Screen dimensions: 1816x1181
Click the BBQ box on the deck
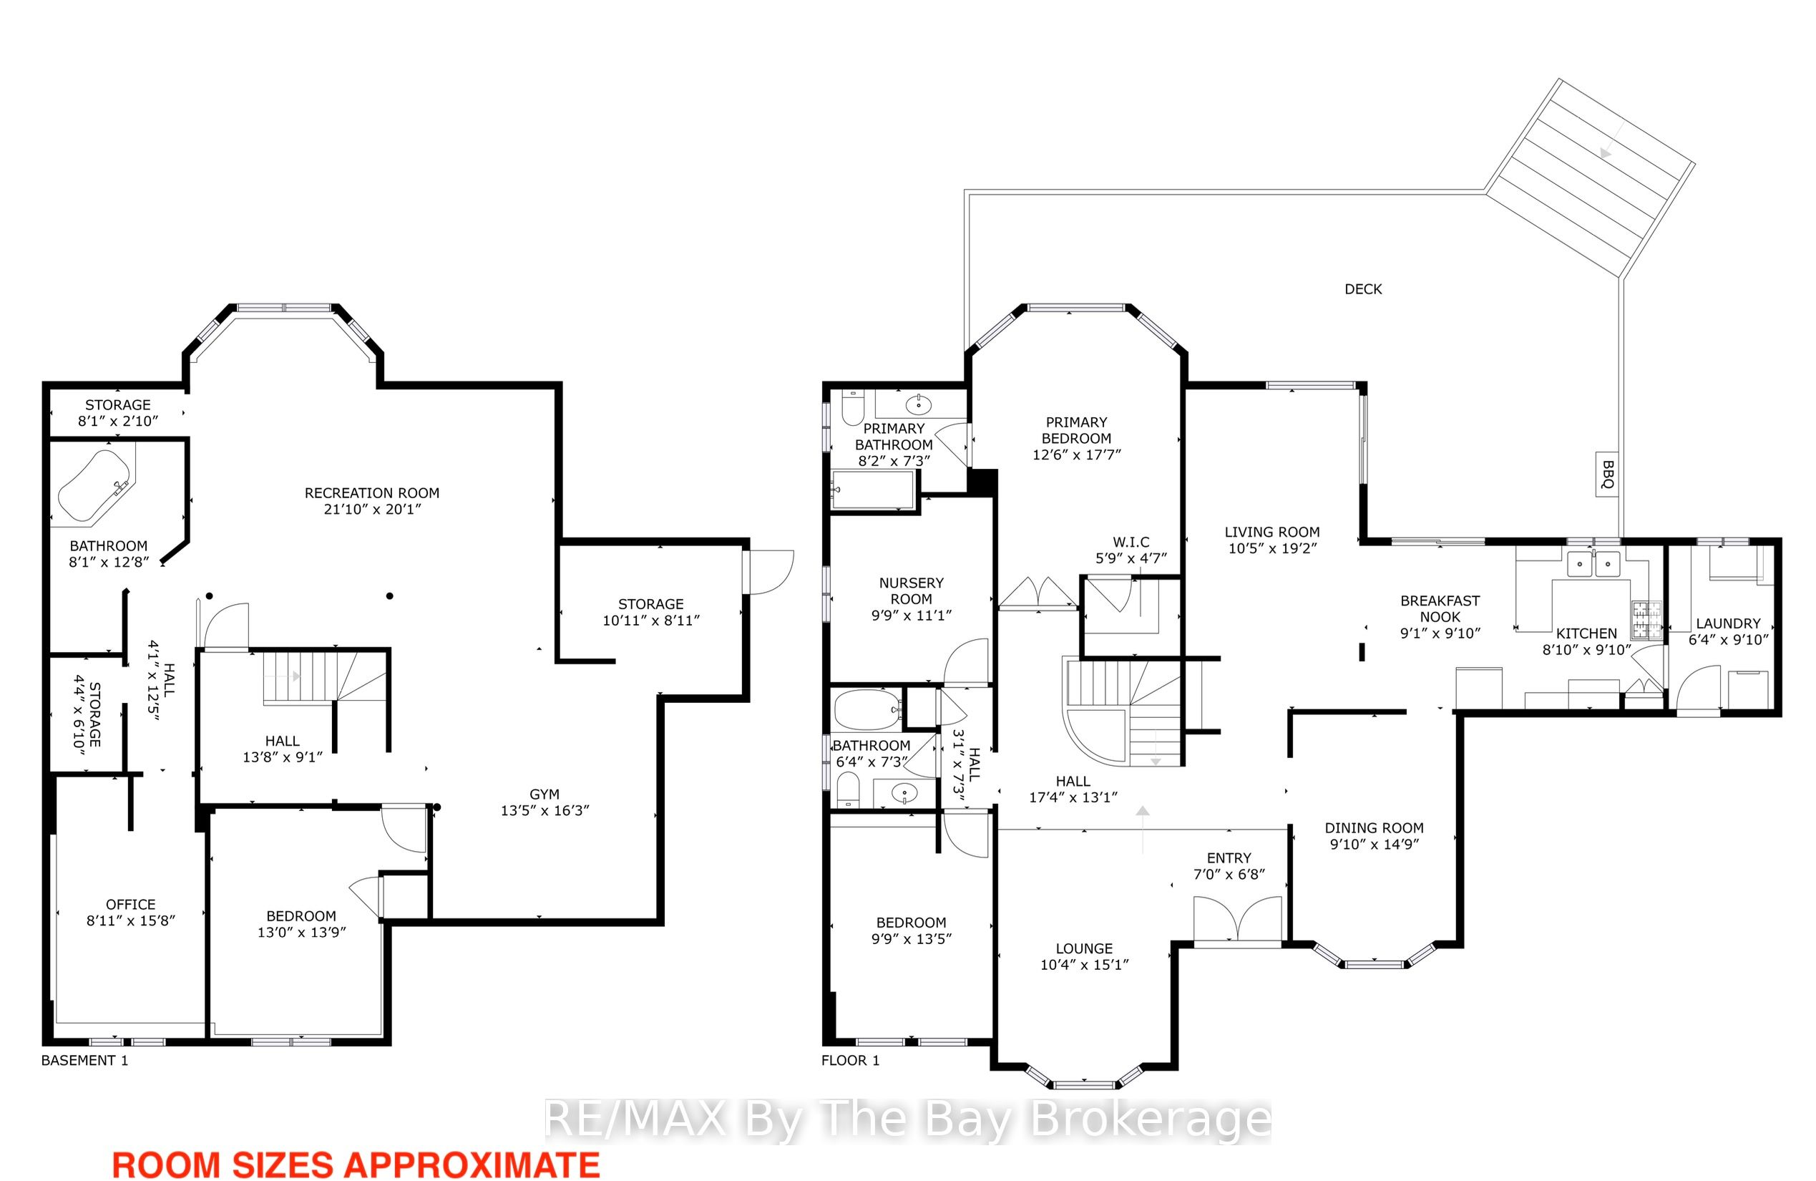pos(1607,474)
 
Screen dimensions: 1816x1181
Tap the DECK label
pos(1363,289)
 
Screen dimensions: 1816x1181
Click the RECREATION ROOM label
pos(371,493)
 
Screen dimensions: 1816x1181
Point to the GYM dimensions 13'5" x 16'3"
pos(545,811)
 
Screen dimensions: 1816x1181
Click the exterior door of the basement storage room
pos(771,572)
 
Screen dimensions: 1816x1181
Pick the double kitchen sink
pos(1594,564)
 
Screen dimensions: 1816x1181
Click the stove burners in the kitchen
pos(1646,620)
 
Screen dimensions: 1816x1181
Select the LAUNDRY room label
pos(1727,623)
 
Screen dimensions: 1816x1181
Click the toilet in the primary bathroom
pos(851,408)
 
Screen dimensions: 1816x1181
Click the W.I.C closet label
pos(1131,542)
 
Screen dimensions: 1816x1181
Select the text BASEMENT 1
pos(84,1060)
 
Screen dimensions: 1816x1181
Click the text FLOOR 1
pos(850,1060)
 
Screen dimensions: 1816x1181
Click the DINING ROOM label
pos(1375,827)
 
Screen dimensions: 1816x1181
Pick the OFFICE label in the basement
pos(130,905)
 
